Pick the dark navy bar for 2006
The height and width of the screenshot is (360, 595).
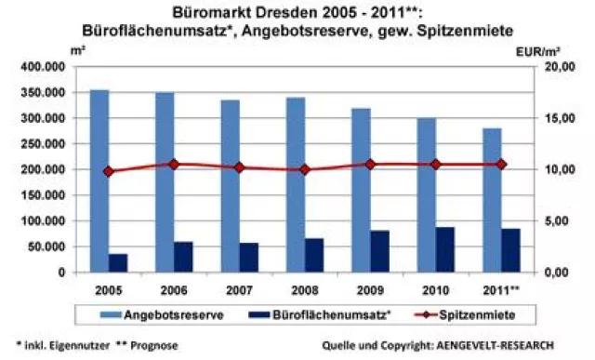point(184,256)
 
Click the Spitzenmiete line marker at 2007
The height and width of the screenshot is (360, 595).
point(240,167)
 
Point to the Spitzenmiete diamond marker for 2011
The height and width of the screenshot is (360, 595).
point(501,164)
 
